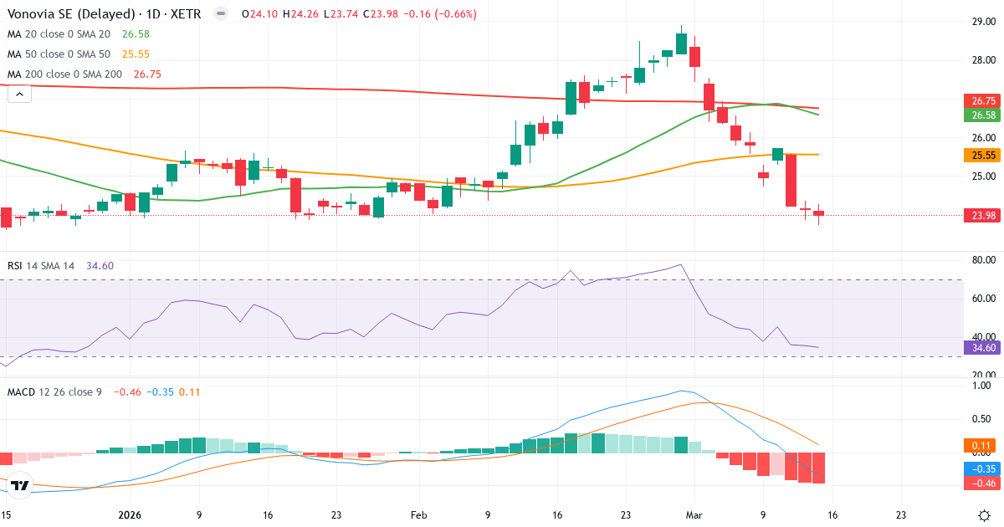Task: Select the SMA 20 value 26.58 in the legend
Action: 136,33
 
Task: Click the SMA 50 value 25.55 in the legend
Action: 136,54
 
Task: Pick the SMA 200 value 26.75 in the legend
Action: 147,74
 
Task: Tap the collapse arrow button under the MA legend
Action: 19,94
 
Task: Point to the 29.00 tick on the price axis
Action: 982,22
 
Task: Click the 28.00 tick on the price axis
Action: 982,60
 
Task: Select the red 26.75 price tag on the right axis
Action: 982,100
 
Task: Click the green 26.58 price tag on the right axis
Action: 982,115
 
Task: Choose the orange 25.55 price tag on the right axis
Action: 982,155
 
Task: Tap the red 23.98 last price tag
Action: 982,215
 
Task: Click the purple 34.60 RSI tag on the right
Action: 982,347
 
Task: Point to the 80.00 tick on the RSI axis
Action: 982,260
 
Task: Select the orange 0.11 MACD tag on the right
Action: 982,445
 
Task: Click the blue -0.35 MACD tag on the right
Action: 982,469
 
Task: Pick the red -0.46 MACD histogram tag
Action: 982,484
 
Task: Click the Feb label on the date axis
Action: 419,515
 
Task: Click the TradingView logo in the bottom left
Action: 20,485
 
